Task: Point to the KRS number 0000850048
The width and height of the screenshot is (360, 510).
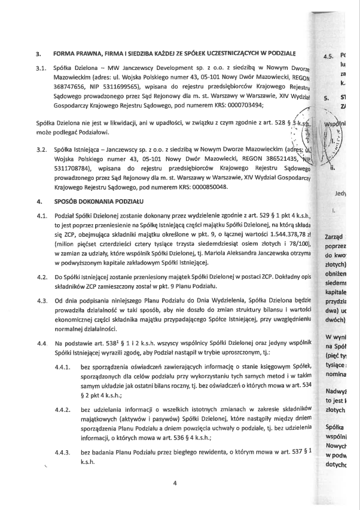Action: tap(208, 187)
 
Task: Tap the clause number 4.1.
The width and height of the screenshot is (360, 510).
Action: tap(40, 217)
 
